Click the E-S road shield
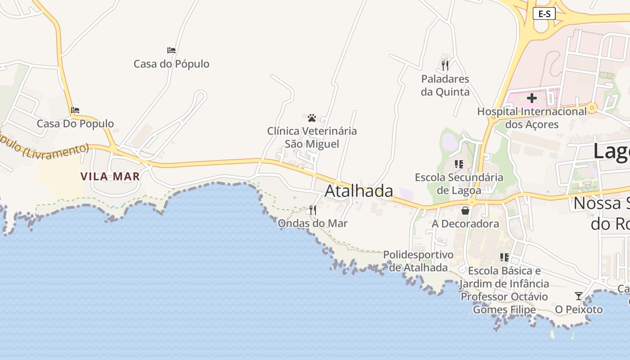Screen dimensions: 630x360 point(544,14)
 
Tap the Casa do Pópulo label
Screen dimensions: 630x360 point(171,64)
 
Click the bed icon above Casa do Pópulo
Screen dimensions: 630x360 point(171,50)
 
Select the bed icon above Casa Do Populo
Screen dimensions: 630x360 point(75,110)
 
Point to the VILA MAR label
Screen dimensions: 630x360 point(110,176)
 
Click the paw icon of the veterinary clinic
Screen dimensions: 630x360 point(312,118)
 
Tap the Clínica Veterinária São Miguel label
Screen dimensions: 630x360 point(312,137)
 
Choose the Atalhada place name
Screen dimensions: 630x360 point(359,191)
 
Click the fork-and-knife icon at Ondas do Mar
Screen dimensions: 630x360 point(313,210)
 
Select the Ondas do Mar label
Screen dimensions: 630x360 point(313,223)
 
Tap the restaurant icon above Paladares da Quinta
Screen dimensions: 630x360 point(445,66)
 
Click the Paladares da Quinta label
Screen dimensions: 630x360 point(445,85)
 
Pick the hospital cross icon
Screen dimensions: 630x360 point(532,98)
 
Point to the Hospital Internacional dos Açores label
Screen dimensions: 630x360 point(532,117)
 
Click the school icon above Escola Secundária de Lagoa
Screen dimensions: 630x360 point(459,164)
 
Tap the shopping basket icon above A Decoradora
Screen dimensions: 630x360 point(465,210)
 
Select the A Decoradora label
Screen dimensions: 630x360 point(465,224)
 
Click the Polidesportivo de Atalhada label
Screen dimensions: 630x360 point(418,261)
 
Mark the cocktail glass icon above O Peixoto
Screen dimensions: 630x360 point(579,296)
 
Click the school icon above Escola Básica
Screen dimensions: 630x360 point(504,257)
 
